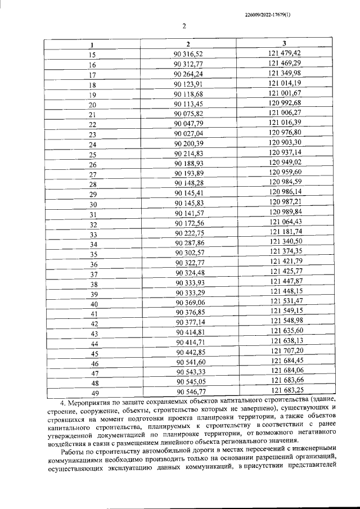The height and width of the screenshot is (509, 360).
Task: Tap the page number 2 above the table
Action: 184,25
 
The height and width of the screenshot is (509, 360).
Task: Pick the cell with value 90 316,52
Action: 188,54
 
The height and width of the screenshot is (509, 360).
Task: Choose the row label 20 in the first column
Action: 93,105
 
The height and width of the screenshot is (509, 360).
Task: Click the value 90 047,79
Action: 188,124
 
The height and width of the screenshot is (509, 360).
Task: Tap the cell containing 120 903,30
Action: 285,144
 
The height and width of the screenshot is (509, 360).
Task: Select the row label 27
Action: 93,175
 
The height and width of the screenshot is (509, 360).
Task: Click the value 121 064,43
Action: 286,224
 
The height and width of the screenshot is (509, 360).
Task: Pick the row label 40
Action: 94,304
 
